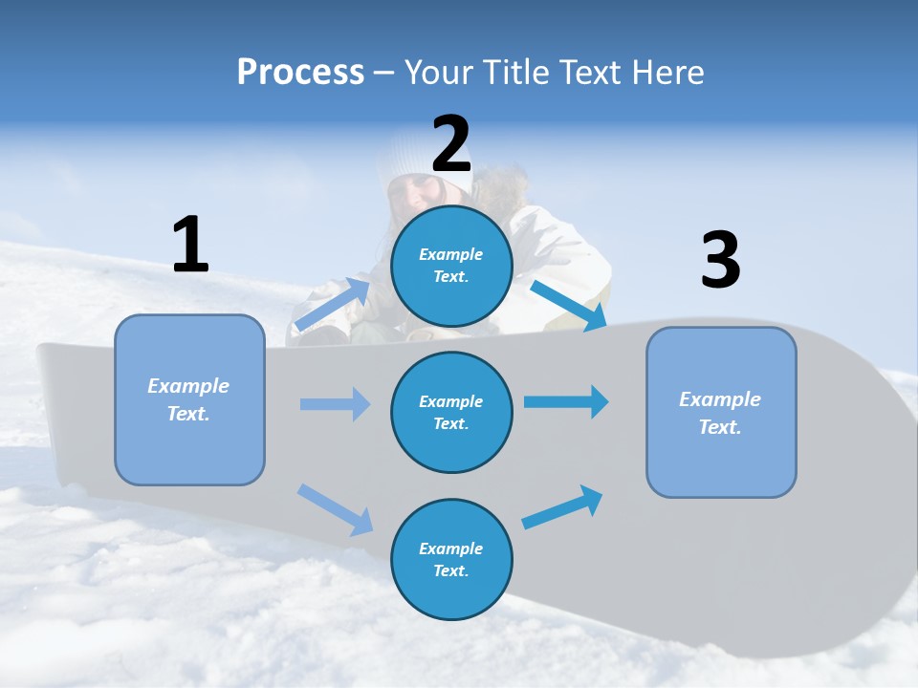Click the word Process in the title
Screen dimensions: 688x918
300,72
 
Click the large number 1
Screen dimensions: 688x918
190,245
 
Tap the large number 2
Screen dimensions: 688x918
451,144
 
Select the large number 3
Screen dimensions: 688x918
720,260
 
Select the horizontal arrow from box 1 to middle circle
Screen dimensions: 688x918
335,404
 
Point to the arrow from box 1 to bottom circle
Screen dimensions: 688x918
336,509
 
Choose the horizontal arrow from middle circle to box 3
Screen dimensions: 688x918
565,401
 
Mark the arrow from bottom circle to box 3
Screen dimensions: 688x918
563,507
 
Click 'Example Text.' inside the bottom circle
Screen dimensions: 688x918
451,560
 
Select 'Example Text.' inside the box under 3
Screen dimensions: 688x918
720,413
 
